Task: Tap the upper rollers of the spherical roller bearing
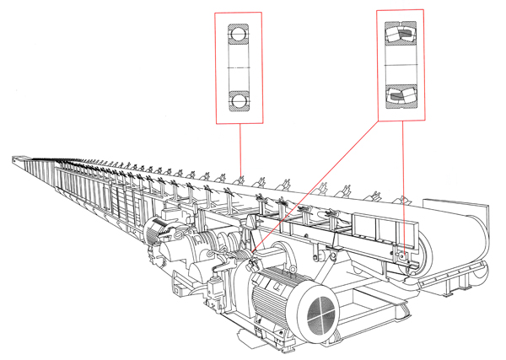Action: click(x=400, y=35)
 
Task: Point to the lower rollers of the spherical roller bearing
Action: click(x=400, y=94)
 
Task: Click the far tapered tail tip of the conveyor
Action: click(x=15, y=157)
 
